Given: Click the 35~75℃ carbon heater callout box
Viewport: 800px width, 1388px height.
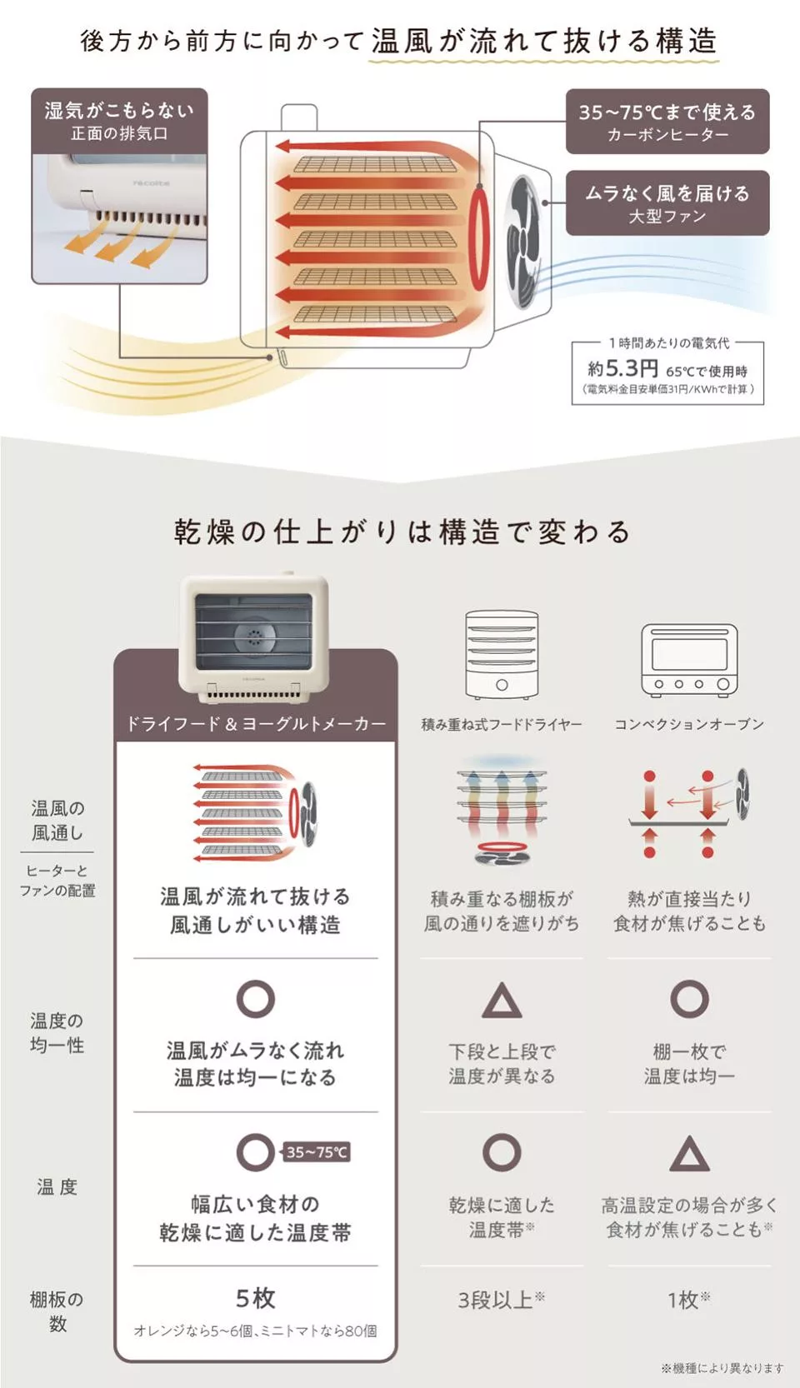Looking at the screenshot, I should tap(667, 122).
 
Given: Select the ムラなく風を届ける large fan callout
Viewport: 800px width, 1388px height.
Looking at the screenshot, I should tap(667, 203).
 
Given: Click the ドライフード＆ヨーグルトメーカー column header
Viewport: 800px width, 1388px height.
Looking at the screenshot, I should tap(256, 723).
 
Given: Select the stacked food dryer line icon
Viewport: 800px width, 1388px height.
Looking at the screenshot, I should tap(502, 655).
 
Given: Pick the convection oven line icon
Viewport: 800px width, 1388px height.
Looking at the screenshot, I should tap(689, 659).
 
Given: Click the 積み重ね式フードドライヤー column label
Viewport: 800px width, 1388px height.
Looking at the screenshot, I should tap(502, 724).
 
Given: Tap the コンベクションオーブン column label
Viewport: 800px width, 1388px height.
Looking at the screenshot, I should tap(689, 724).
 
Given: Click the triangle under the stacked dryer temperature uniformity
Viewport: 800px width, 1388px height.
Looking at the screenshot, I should tap(502, 1001).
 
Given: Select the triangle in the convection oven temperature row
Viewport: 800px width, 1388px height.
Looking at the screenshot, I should tap(689, 1155).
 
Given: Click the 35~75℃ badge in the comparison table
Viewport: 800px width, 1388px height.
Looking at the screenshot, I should tap(317, 1152).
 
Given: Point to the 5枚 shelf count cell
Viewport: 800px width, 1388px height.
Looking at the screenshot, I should tap(255, 1297).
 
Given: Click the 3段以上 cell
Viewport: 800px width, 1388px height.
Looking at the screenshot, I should tap(501, 1300).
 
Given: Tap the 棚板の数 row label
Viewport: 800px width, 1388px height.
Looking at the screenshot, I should tap(57, 1311).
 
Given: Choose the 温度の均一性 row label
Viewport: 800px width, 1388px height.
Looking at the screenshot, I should tap(57, 1033).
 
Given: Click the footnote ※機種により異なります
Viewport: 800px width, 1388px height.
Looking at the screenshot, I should tap(722, 1367).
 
